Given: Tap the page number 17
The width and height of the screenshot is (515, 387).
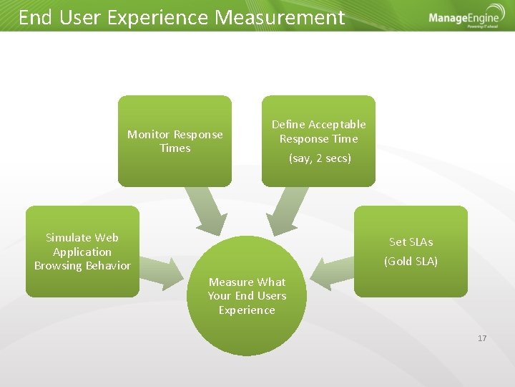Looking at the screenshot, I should pyautogui.click(x=481, y=338).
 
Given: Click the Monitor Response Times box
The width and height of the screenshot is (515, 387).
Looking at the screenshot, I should pyautogui.click(x=175, y=141).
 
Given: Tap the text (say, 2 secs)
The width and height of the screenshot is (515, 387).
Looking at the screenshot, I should pyautogui.click(x=320, y=158).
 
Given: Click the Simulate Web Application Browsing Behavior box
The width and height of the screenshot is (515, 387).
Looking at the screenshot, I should pyautogui.click(x=82, y=252).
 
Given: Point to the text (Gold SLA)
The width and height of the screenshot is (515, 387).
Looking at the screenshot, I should pyautogui.click(x=411, y=262).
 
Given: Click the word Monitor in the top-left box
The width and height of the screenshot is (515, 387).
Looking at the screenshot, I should pyautogui.click(x=149, y=135).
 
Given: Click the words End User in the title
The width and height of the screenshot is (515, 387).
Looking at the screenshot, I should pyautogui.click(x=60, y=18).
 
